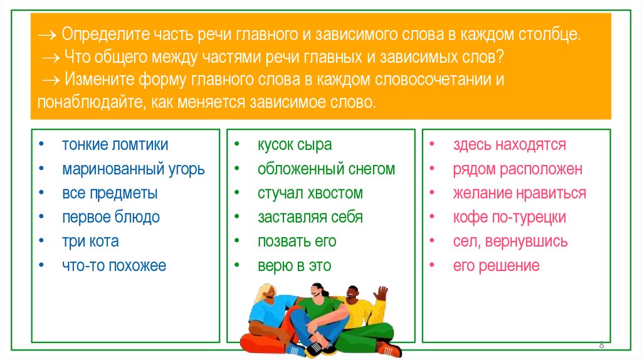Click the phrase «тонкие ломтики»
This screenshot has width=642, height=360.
pyautogui.click(x=114, y=145)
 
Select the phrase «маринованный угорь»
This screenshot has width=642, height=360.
pyautogui.click(x=133, y=169)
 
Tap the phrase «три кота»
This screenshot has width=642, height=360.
pyautogui.click(x=90, y=241)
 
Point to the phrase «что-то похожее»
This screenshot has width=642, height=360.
pyautogui.click(x=113, y=266)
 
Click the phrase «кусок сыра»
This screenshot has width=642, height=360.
pyautogui.click(x=294, y=145)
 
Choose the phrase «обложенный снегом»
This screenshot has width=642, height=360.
pyautogui.click(x=326, y=169)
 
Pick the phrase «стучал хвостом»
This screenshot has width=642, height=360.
pyautogui.click(x=310, y=193)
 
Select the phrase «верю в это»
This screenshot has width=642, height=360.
pyautogui.click(x=294, y=266)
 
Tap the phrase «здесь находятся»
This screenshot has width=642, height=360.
pyautogui.click(x=509, y=145)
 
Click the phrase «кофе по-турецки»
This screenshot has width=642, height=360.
pyautogui.click(x=509, y=218)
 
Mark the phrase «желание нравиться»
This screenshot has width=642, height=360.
pyautogui.click(x=519, y=193)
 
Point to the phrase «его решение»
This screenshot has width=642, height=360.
pyautogui.click(x=496, y=266)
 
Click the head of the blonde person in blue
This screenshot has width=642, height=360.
pyautogui.click(x=266, y=291)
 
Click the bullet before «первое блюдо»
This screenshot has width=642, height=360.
pyautogui.click(x=41, y=218)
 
